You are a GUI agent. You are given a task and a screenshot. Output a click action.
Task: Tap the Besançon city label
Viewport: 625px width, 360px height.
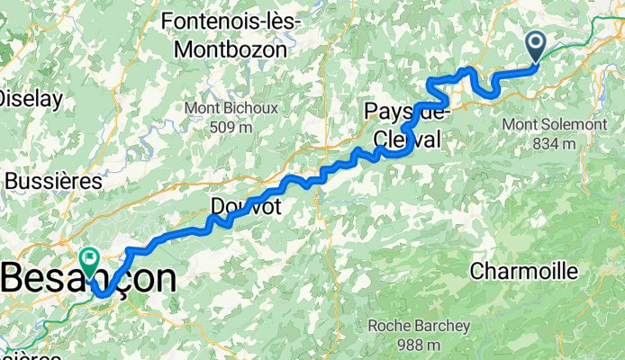pyautogui.click(x=88, y=279)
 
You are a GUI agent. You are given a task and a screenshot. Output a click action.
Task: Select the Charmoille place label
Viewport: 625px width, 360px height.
pyautogui.click(x=518, y=270)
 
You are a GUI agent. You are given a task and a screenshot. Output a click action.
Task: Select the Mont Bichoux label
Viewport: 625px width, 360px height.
pyautogui.click(x=231, y=108)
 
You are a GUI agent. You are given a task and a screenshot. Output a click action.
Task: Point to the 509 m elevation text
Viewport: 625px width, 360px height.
pyautogui.click(x=231, y=128)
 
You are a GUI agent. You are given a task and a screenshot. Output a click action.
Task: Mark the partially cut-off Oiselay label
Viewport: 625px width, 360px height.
pyautogui.click(x=23, y=96)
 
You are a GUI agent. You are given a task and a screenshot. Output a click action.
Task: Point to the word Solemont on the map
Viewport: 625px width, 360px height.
pyautogui.click(x=557, y=122)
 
